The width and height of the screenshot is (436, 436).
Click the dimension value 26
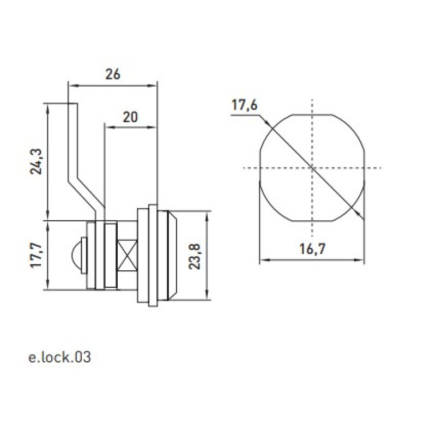[x=113, y=74]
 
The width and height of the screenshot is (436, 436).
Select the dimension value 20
[x=130, y=117]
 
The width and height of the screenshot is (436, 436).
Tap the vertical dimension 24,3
[x=36, y=161]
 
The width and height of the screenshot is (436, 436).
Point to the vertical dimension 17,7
[x=36, y=255]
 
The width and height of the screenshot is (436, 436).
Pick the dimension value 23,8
[x=195, y=256]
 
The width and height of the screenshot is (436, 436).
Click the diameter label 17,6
[x=244, y=105]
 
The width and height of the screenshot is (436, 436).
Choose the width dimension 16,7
[x=312, y=249]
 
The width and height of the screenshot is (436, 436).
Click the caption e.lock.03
[x=59, y=357]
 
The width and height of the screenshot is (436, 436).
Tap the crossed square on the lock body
[x=128, y=256]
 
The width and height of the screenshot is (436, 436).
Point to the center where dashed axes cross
[x=312, y=168]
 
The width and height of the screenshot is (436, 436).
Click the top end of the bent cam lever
[x=72, y=104]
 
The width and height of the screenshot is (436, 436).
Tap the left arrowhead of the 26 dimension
[x=72, y=86]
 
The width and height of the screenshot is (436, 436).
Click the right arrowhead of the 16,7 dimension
[x=360, y=261]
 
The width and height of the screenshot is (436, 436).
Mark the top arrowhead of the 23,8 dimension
[x=207, y=215]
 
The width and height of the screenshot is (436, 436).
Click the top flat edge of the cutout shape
[x=312, y=114]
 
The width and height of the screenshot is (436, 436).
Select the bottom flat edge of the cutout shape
[x=312, y=221]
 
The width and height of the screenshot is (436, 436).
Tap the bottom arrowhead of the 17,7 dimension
[x=49, y=285]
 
